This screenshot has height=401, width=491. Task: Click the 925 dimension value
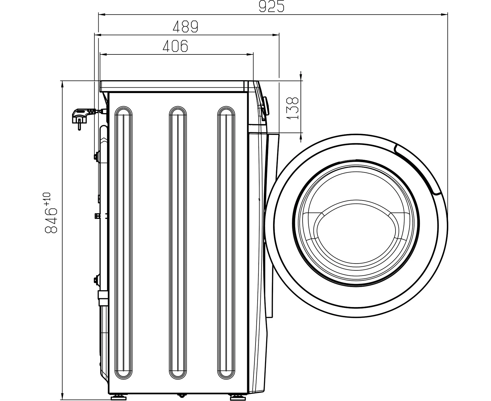click(271, 6)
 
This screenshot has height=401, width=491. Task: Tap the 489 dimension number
click(186, 26)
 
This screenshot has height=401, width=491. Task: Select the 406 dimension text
click(176, 46)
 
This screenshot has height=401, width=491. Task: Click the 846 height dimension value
click(51, 220)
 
